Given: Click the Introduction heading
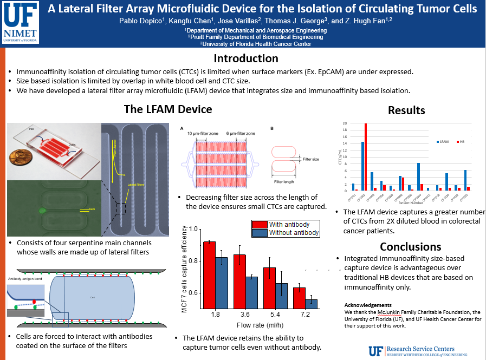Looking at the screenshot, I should [x=245, y=58].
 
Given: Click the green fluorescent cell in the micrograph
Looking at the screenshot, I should [x=41, y=210].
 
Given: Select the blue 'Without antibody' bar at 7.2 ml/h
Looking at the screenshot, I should [x=311, y=309].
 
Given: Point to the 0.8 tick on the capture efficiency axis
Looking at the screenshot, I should [x=197, y=261].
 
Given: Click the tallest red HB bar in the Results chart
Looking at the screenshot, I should [x=366, y=157].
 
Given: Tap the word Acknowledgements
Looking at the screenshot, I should [x=368, y=305].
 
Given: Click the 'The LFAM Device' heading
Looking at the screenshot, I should [x=168, y=109].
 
